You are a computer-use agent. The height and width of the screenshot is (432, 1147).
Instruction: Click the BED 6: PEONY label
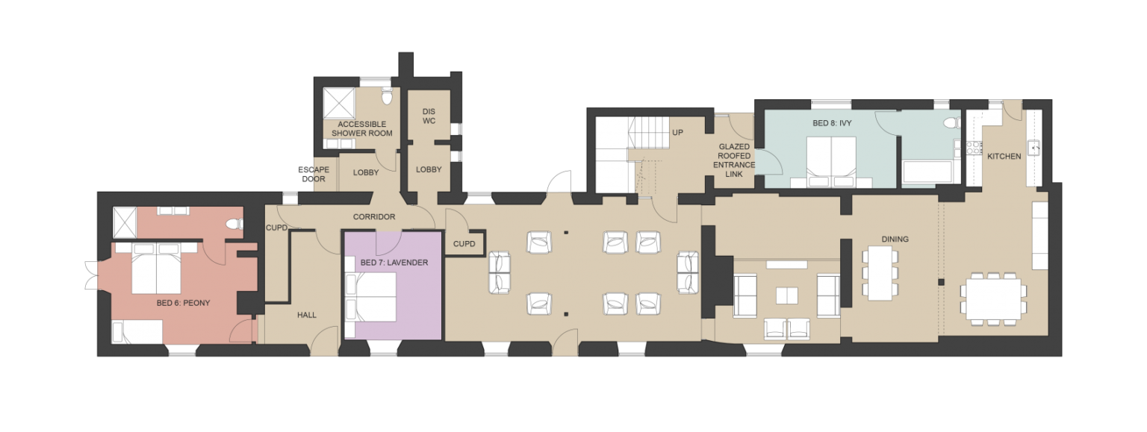(183, 303)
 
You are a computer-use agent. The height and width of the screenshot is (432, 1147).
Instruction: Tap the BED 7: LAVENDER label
(394, 263)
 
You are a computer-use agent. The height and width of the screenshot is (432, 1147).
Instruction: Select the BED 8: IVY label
(832, 123)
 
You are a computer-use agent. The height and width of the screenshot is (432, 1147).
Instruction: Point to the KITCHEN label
(1004, 156)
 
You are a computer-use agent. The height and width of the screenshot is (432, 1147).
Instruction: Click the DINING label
(895, 239)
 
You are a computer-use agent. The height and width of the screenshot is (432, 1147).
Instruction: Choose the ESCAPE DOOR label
(314, 174)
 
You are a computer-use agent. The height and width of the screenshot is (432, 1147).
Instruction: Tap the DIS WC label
(429, 116)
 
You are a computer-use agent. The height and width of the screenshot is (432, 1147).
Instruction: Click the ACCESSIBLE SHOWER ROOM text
(362, 128)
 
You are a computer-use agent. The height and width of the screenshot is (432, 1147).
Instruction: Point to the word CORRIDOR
(374, 216)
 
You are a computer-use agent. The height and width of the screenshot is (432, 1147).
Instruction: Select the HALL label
(307, 315)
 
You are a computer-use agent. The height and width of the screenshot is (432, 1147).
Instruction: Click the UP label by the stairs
(677, 133)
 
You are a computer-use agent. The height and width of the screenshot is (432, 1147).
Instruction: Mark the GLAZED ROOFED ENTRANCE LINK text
(734, 160)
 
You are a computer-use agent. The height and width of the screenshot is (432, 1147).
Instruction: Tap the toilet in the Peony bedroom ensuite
(234, 224)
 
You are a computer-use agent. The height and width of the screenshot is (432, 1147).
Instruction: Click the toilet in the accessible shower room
(387, 96)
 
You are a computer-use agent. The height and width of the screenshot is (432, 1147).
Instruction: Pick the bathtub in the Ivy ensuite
(927, 172)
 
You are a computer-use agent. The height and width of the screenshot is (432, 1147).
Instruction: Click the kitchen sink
(1034, 148)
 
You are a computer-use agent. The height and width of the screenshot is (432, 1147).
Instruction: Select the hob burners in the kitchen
(972, 148)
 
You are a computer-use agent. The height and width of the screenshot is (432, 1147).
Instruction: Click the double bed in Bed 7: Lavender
(371, 297)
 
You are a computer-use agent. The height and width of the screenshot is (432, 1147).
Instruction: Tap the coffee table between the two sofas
(786, 296)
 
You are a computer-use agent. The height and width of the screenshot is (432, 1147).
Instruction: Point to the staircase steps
(648, 133)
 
